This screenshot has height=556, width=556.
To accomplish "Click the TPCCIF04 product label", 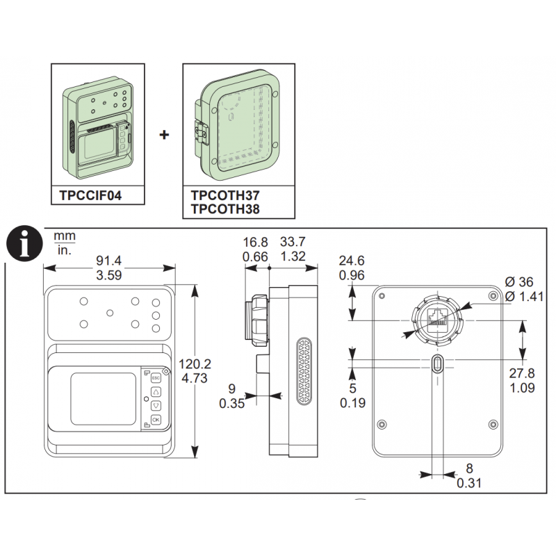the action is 90,195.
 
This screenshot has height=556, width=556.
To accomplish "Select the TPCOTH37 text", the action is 225,195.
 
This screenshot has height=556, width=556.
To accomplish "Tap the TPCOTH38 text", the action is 225,209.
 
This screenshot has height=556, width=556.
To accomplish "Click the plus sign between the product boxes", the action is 164,135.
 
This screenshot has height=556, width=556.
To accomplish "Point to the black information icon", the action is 24,244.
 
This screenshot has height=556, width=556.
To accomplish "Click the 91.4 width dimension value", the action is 109,261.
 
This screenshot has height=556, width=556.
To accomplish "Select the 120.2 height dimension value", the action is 195,363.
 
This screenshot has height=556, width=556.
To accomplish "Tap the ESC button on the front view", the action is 156,378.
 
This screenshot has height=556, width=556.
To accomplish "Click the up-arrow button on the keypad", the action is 156,392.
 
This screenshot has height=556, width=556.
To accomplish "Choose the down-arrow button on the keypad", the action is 156,406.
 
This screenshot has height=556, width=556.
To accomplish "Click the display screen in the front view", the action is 103,398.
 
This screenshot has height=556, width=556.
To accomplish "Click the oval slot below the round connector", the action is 438,363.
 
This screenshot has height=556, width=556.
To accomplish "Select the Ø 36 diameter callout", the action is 518,282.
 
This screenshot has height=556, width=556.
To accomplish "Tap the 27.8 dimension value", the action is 522,373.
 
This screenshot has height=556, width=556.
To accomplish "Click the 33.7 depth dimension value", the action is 293,242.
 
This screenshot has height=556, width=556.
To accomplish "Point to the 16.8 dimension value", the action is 255,242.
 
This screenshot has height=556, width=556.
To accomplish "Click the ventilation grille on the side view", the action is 304,371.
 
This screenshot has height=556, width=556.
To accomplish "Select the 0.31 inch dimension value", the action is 468,483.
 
